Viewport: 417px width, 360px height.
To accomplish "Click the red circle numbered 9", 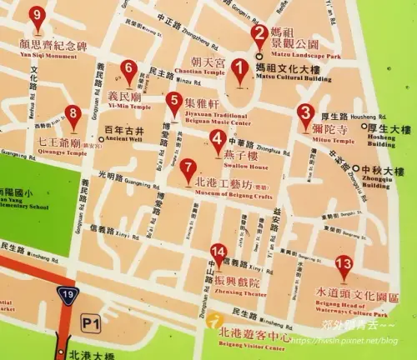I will click(35, 14).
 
